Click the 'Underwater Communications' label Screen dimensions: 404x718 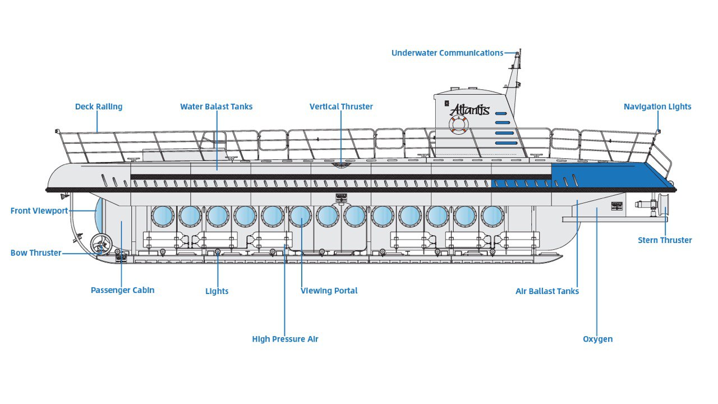pos(447,53)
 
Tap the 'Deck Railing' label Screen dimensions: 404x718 pos(99,107)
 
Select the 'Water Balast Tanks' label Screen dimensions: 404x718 pos(216,107)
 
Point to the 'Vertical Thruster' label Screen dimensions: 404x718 pos(341,107)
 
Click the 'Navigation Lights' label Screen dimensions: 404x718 pos(657,107)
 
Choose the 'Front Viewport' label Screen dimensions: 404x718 pos(39,211)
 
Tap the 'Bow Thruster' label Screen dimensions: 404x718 pos(36,252)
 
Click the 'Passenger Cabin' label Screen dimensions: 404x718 pos(122,290)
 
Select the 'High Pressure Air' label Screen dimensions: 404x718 pos(285,339)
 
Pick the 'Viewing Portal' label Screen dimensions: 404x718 pos(329,291)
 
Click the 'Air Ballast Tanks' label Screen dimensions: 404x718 pos(547,291)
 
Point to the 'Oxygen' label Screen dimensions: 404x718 pos(597,339)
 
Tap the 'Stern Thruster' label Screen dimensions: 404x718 pos(665,240)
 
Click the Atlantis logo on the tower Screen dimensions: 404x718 pos(470,109)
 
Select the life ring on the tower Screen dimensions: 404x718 pos(458,125)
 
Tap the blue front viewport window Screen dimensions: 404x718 pos(99,215)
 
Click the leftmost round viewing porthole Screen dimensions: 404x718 pos(163,216)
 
